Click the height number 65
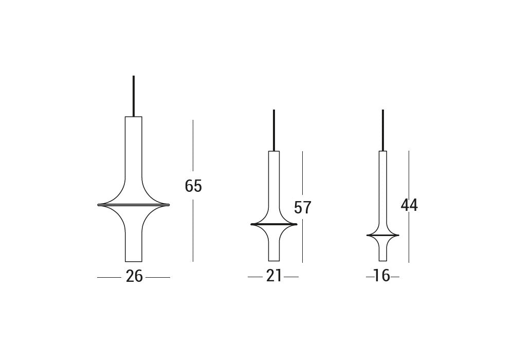(x=193, y=186)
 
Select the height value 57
(x=303, y=207)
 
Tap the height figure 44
(x=409, y=205)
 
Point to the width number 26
(x=134, y=276)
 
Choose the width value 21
(x=274, y=276)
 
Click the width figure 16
(x=382, y=276)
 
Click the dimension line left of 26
(x=109, y=278)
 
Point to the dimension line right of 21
(x=291, y=278)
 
